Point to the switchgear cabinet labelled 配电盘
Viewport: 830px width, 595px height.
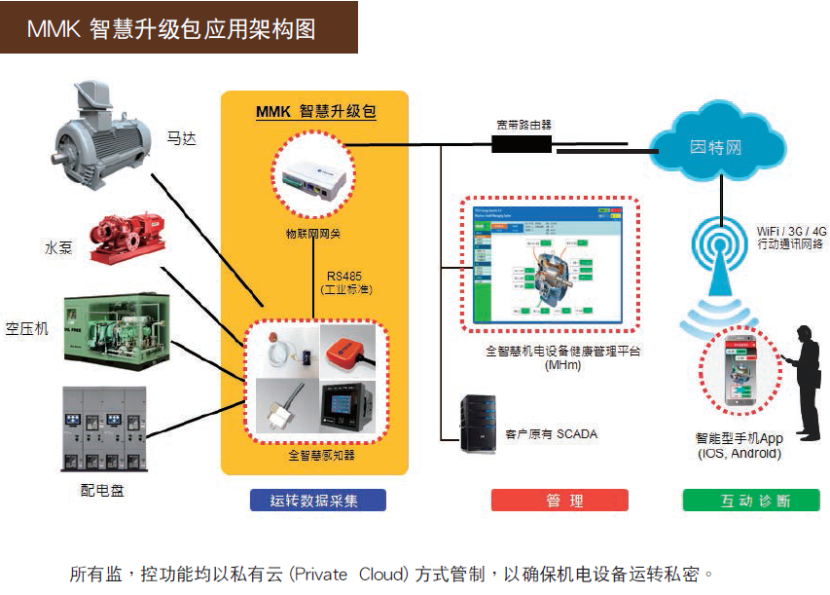104,429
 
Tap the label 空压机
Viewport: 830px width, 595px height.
26,329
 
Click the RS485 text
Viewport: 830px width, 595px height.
346,276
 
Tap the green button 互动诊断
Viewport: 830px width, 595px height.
750,501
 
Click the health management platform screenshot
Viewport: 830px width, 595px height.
551,266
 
